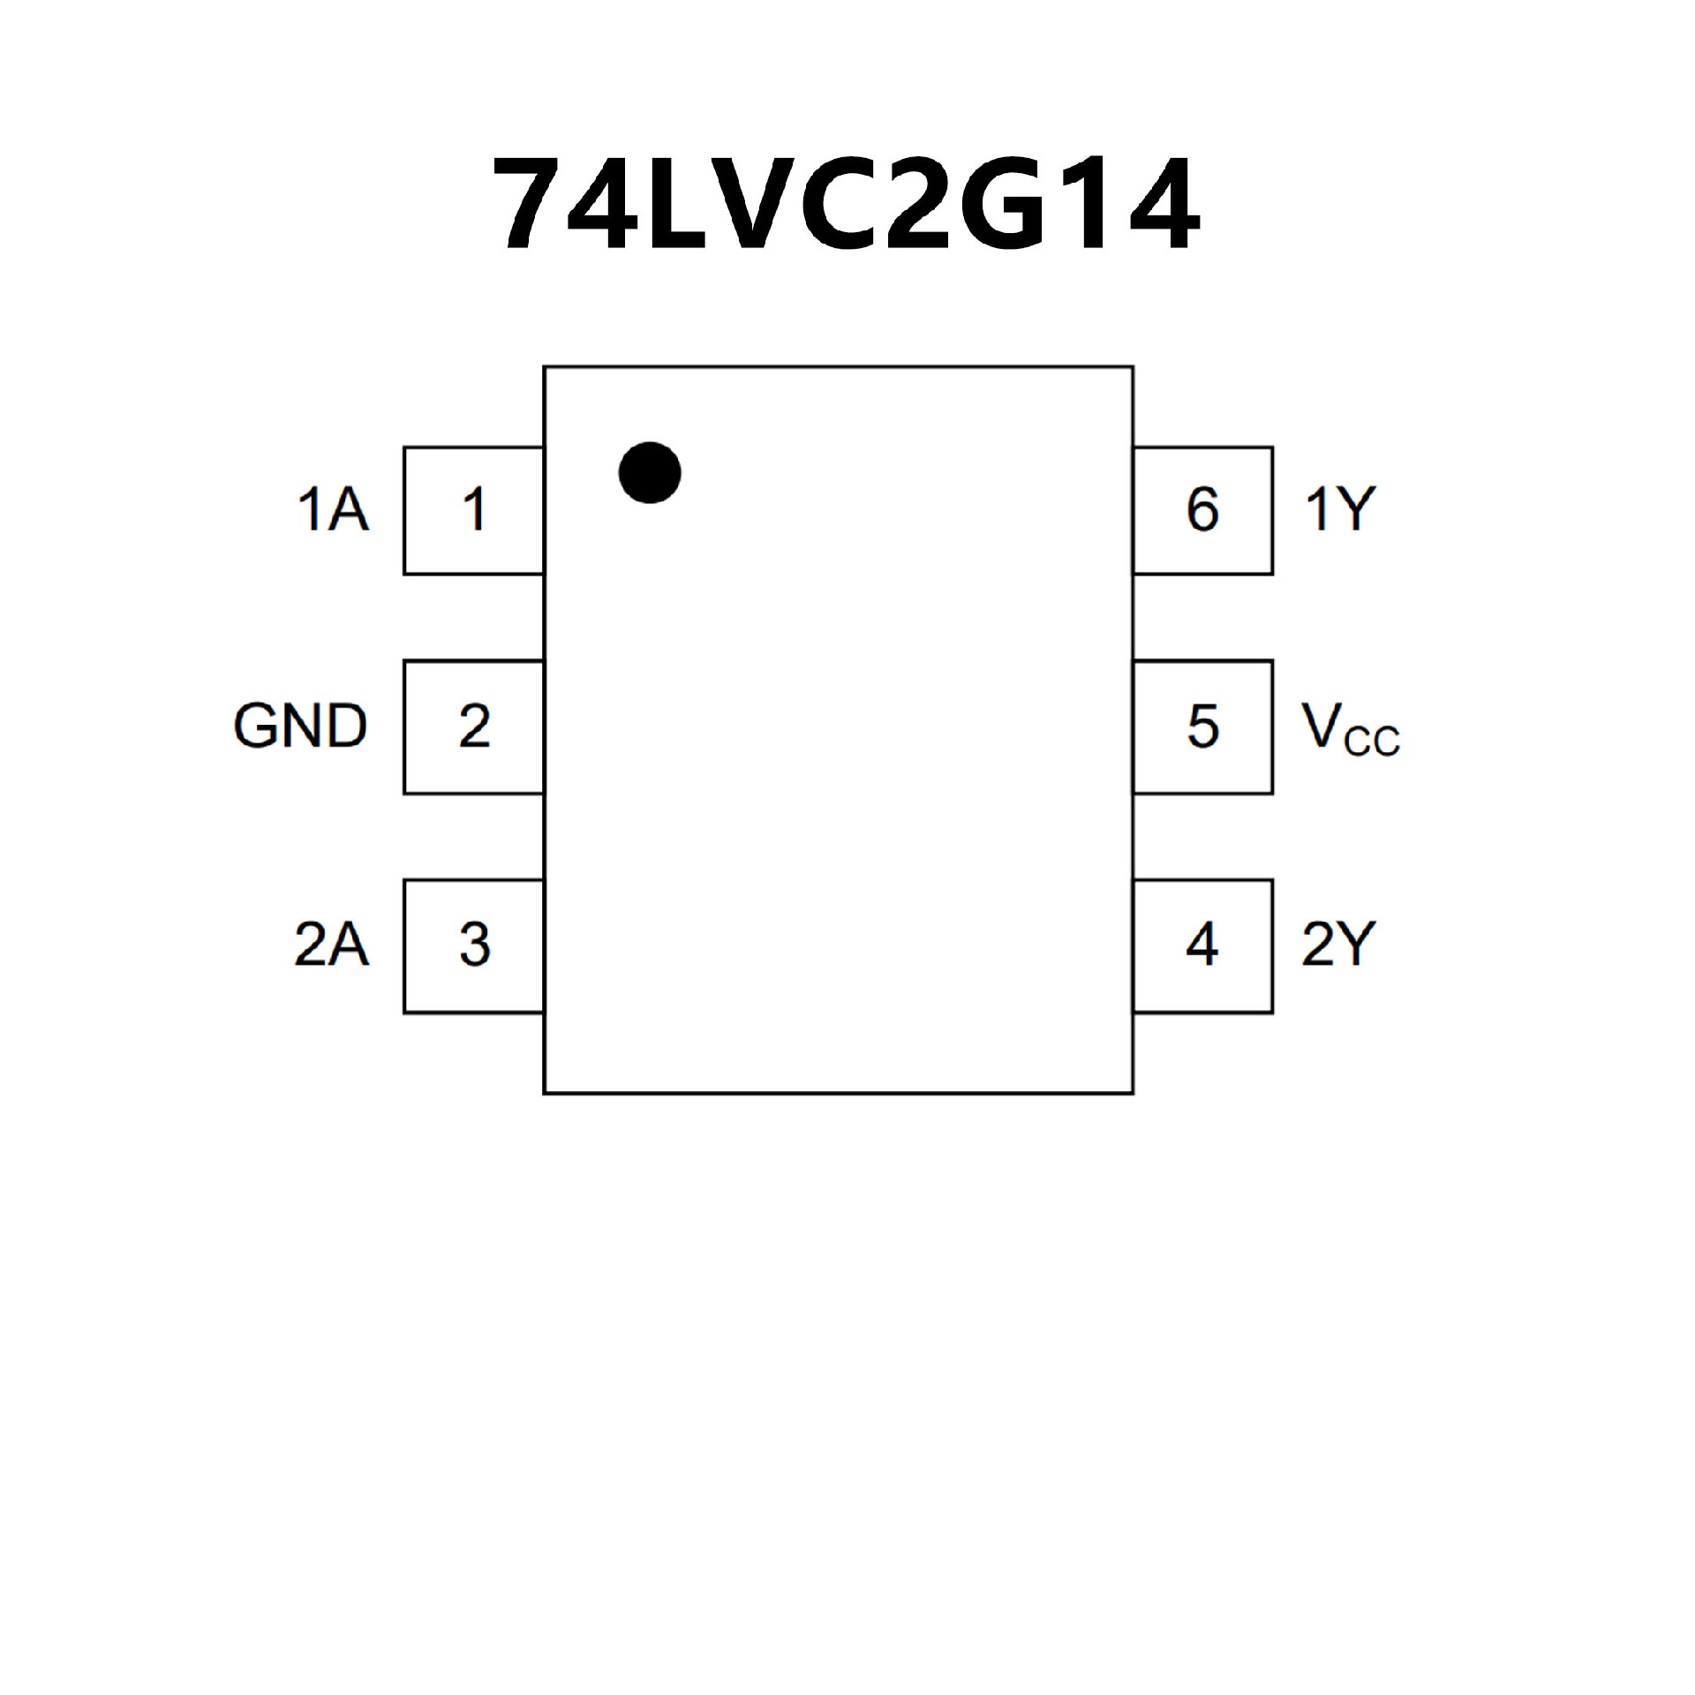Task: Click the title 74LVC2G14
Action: click(x=846, y=203)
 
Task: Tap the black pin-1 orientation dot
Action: click(x=650, y=472)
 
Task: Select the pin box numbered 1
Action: click(x=473, y=510)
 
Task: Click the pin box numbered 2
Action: click(x=473, y=727)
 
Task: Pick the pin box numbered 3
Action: click(x=473, y=945)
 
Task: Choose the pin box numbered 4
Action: click(x=1202, y=945)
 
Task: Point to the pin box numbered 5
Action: click(x=1202, y=727)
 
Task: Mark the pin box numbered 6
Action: click(x=1202, y=510)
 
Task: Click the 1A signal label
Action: click(x=333, y=510)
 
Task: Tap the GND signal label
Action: click(x=300, y=727)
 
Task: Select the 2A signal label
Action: click(x=331, y=945)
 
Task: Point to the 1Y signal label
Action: click(x=1340, y=510)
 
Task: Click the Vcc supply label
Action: click(x=1349, y=729)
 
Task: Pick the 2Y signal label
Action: click(x=1338, y=945)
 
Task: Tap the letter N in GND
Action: click(x=301, y=727)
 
